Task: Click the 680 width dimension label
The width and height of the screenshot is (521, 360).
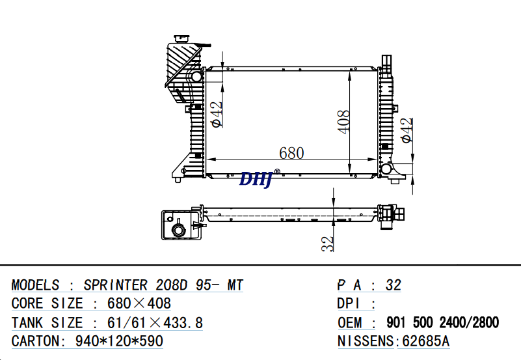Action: click(x=291, y=153)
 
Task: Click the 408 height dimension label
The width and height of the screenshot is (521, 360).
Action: click(x=343, y=122)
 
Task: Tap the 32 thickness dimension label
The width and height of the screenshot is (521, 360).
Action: click(x=328, y=243)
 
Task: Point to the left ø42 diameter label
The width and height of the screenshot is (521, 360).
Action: click(x=217, y=115)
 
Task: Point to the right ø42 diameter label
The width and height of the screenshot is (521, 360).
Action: click(x=407, y=130)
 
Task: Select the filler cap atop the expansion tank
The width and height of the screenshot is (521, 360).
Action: click(x=180, y=38)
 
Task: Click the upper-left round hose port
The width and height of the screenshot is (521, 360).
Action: click(x=196, y=76)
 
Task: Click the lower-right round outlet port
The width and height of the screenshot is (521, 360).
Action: click(x=386, y=169)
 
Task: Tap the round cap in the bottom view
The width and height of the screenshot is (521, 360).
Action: click(x=178, y=230)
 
